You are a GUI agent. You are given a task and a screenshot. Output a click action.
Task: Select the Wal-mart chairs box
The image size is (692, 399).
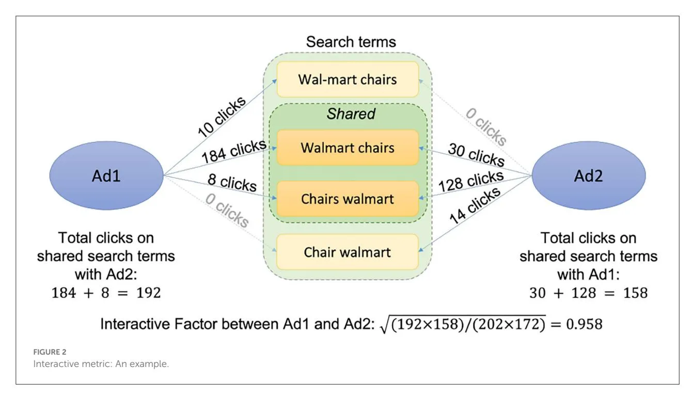(348, 79)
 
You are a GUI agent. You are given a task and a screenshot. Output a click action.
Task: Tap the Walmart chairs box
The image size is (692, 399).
(348, 148)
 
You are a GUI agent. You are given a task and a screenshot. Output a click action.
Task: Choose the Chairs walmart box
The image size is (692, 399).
(348, 199)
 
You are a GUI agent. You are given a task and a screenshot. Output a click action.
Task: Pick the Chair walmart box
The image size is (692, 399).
(348, 252)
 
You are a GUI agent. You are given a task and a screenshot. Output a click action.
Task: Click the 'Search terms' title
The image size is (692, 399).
(351, 42)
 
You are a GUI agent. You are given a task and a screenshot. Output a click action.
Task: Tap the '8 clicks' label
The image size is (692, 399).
(232, 183)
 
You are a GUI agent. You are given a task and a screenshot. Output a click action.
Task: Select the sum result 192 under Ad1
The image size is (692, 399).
(147, 293)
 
